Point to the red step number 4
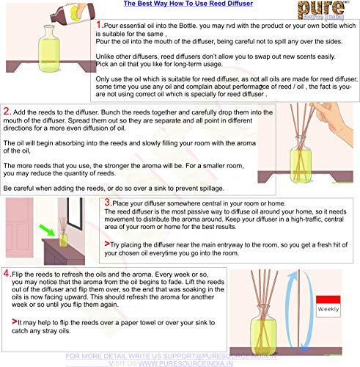click(6, 274)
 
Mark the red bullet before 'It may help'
click(7, 321)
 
